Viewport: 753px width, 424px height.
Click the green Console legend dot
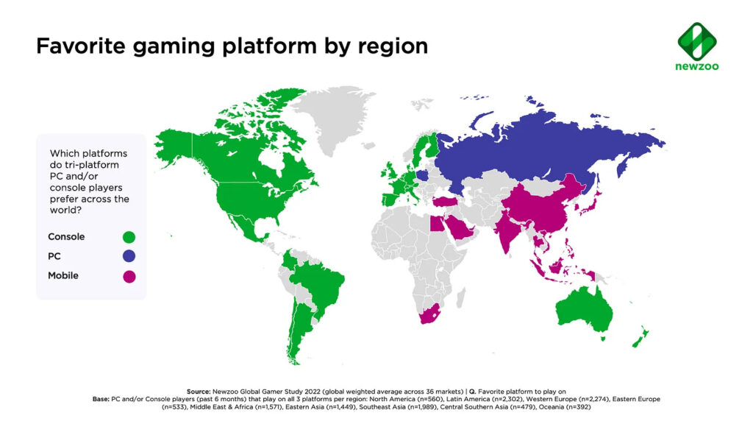coord(129,237)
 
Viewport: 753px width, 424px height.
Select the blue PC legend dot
coord(129,257)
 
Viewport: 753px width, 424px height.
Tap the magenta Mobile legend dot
coord(129,277)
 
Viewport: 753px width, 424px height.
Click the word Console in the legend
coord(66,237)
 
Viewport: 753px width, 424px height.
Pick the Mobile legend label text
coord(63,276)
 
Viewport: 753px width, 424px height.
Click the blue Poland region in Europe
coord(421,176)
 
